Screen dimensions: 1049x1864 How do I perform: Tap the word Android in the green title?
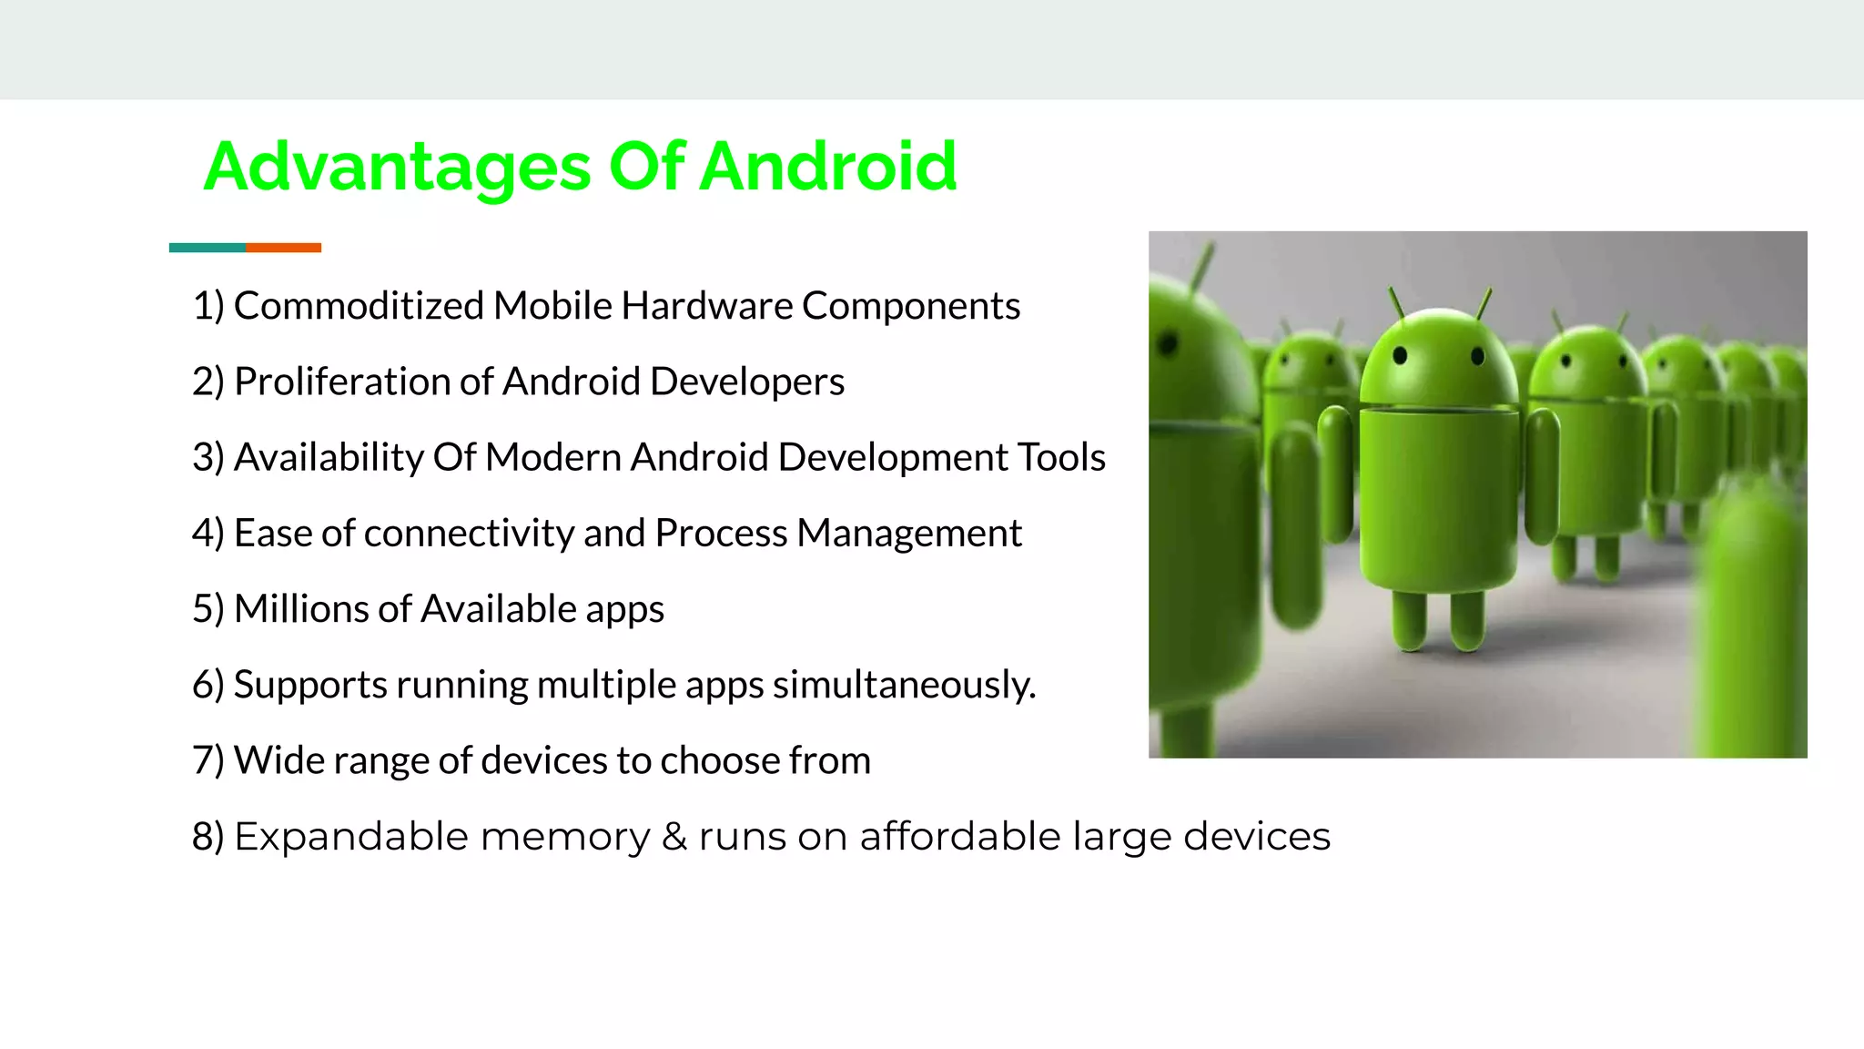point(828,168)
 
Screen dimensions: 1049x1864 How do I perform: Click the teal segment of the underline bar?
point(207,248)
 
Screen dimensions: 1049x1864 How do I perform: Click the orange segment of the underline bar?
point(283,248)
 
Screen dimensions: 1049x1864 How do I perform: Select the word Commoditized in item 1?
point(359,306)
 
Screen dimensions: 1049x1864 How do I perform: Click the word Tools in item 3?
point(1061,457)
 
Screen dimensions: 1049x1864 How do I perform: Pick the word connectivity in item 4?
point(468,533)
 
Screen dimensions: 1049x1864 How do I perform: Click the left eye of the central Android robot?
point(1401,355)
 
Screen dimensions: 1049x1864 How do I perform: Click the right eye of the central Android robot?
point(1477,355)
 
